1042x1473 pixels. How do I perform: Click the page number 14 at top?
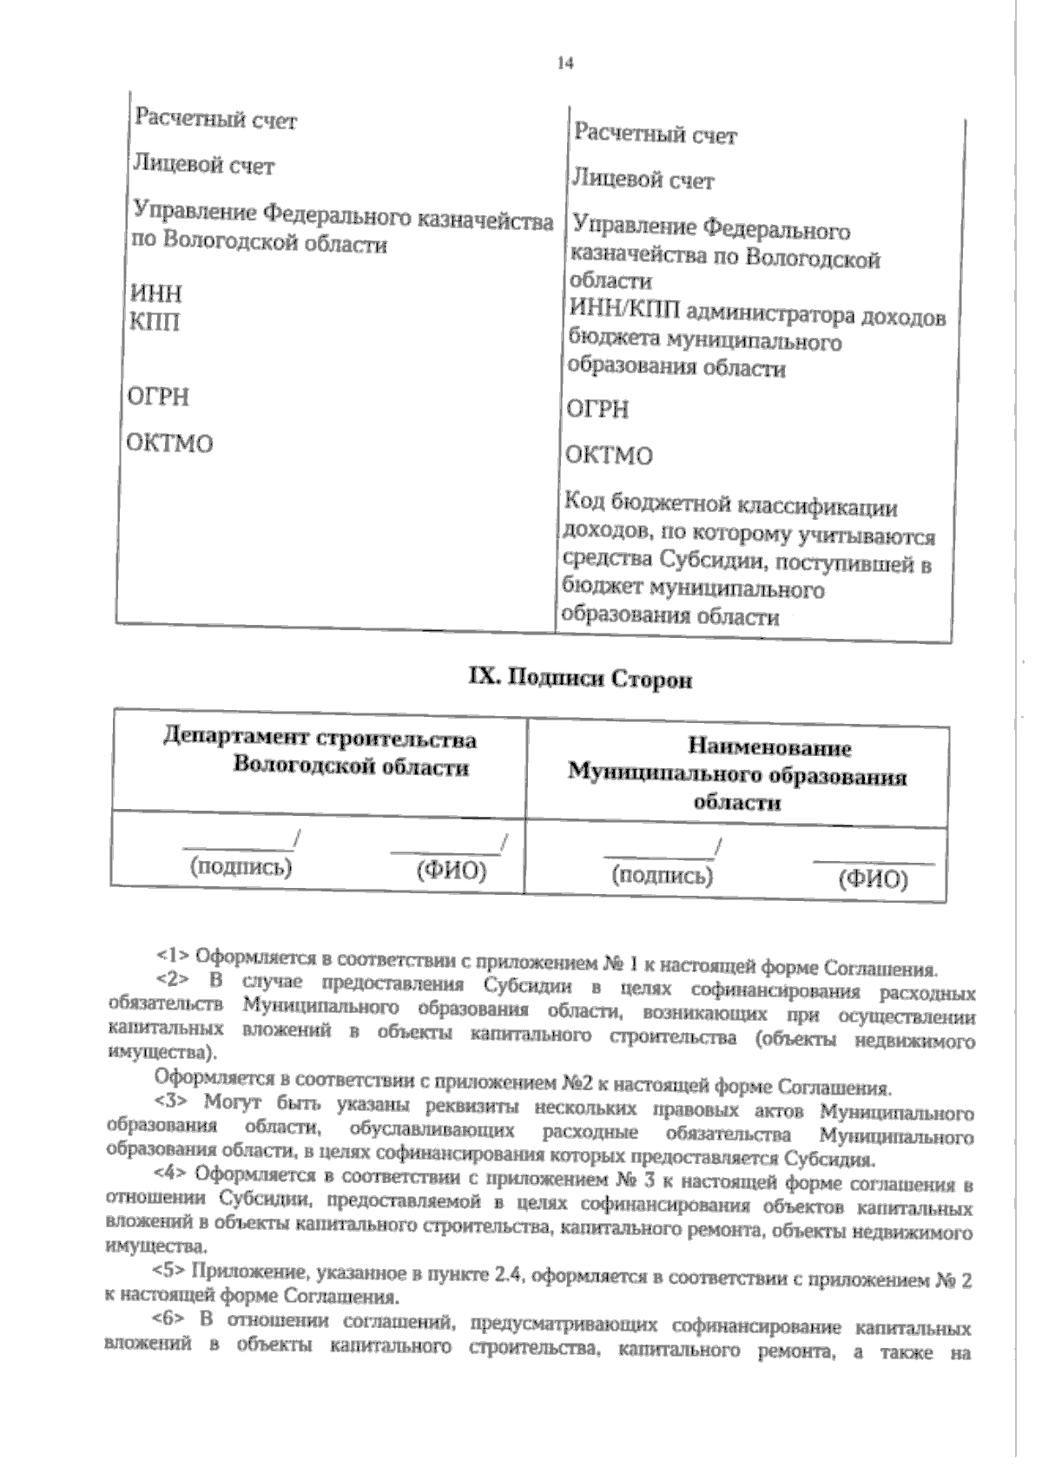point(565,63)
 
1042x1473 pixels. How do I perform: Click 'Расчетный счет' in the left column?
point(215,120)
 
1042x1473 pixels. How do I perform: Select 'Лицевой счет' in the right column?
point(643,180)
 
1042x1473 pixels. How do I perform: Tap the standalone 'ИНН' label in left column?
point(155,293)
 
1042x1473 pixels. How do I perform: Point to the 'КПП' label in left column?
point(155,323)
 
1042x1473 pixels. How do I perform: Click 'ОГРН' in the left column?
point(158,398)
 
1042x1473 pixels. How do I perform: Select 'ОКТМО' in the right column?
point(609,455)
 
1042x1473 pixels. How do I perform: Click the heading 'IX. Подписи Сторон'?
point(580,679)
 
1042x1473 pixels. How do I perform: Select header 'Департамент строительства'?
point(320,740)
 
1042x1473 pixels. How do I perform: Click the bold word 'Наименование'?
point(769,748)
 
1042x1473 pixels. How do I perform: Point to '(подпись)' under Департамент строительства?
point(241,867)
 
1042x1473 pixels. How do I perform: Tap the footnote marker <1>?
point(172,956)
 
